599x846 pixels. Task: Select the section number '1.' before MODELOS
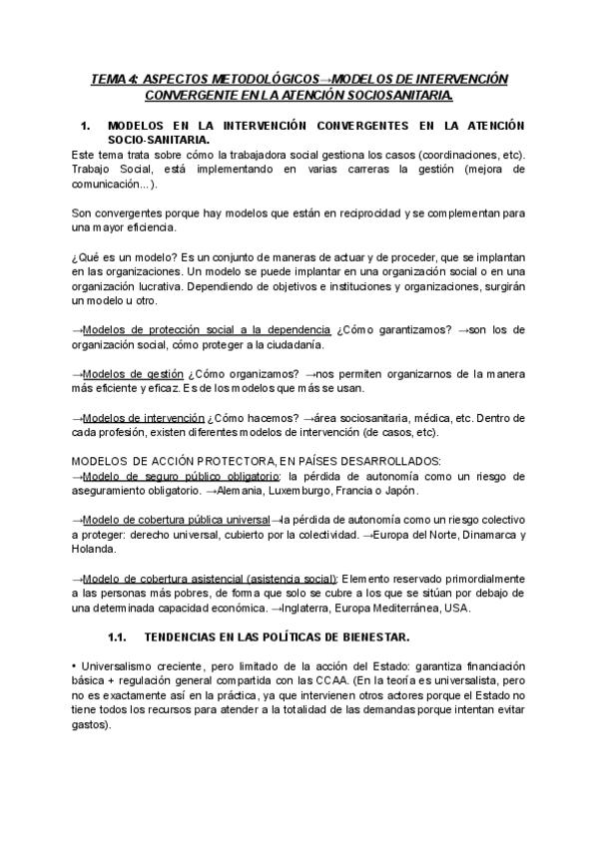pos(85,126)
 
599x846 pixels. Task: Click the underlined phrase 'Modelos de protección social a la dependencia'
pos(207,330)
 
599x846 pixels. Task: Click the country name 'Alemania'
pos(239,491)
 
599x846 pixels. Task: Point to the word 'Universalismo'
pos(120,665)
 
